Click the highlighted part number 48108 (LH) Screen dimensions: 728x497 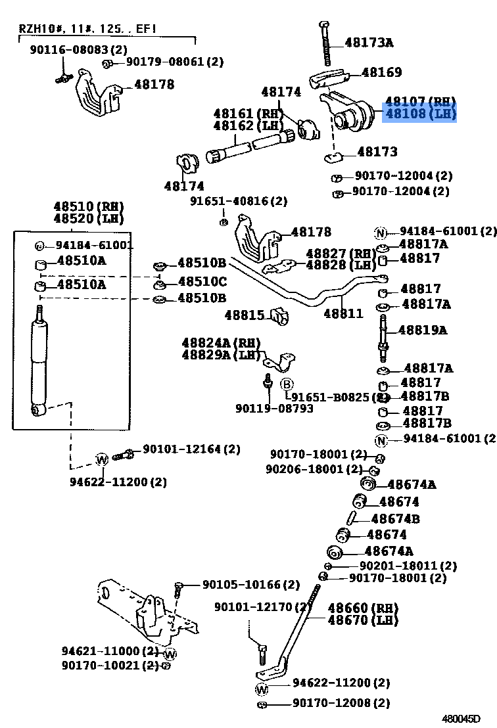pos(419,114)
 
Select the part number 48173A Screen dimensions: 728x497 pos(369,43)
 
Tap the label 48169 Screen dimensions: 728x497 pos(381,72)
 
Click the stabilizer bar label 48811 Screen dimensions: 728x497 pos(343,313)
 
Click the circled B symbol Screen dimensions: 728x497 pos(287,384)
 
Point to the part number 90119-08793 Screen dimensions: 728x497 pos(274,409)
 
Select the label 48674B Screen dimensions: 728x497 pos(395,519)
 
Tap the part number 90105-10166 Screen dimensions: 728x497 pos(250,584)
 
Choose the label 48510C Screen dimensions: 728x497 pos(202,282)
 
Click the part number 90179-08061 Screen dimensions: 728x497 pos(174,62)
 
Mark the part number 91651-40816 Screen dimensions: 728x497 pos(239,201)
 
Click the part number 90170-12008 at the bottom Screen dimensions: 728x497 pos(341,703)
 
